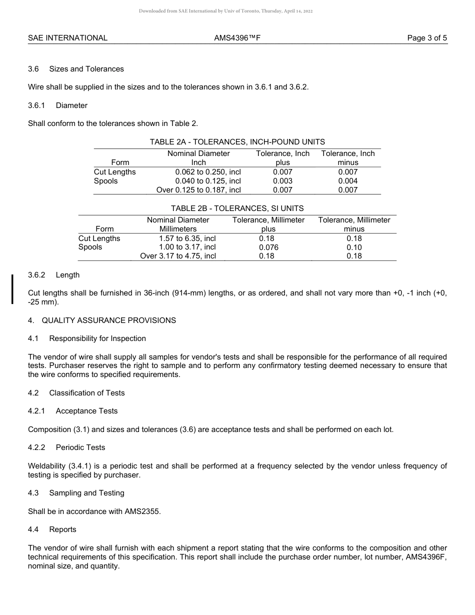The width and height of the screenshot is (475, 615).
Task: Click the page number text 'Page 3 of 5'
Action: click(427, 38)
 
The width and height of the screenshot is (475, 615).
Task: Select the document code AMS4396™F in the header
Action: click(237, 38)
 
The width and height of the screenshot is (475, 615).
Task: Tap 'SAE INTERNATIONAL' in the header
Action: click(67, 38)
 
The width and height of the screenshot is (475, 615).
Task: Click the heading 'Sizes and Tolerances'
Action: click(86, 69)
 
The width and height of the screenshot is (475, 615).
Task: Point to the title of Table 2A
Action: click(237, 142)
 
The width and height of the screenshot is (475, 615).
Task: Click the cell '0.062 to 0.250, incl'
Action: click(208, 172)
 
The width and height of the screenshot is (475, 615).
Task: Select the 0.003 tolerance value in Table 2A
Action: click(282, 181)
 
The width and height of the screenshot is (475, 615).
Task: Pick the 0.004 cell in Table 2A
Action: click(347, 181)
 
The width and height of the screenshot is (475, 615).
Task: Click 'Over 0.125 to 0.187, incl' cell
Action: click(198, 190)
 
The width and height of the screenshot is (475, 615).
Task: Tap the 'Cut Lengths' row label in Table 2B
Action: click(99, 238)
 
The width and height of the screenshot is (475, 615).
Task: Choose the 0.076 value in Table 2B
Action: click(268, 247)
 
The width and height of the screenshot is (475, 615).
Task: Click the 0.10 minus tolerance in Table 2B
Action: click(354, 247)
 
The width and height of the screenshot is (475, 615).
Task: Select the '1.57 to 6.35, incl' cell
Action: click(187, 238)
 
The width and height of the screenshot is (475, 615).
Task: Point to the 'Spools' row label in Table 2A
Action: click(105, 181)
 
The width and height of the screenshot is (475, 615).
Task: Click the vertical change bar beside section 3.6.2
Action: click(12, 288)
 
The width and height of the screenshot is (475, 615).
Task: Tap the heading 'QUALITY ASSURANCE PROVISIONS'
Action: click(108, 320)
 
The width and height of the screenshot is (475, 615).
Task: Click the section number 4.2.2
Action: click(36, 447)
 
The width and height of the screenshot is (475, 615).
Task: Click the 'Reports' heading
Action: click(62, 529)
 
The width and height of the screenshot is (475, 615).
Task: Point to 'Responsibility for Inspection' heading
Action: click(97, 338)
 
